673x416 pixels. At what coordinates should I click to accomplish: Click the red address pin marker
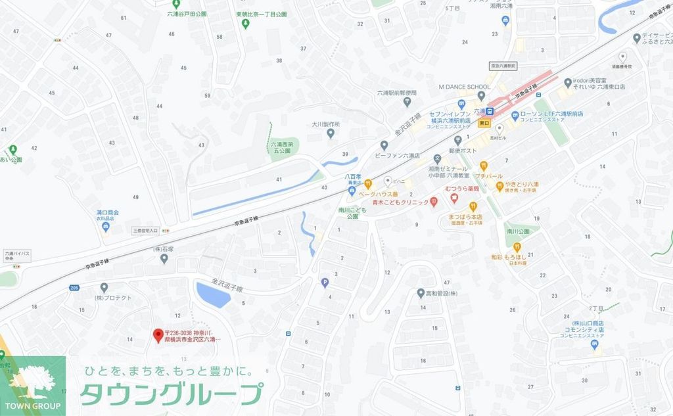tap(158, 335)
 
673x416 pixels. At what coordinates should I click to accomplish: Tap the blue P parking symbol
tap(323, 283)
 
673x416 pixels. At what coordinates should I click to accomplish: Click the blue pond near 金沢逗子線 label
tap(213, 294)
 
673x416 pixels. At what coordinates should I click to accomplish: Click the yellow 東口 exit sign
tap(484, 123)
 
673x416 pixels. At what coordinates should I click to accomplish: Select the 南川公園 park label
tap(519, 232)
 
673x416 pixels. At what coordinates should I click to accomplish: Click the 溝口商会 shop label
tap(106, 213)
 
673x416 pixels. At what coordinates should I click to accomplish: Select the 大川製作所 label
tap(325, 124)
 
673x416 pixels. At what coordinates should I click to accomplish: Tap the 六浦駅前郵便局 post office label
tap(397, 93)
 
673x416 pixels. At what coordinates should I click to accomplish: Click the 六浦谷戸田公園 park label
tap(187, 13)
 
